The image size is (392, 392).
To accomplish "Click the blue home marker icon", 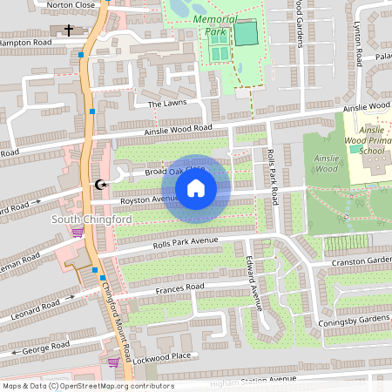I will tap(196, 188).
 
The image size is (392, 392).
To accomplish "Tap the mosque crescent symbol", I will tap(100, 185).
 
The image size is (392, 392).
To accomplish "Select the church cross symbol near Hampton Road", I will tap(68, 30).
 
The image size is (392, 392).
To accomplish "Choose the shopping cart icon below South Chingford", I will tap(77, 232).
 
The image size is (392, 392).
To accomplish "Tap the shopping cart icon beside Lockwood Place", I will tap(113, 362).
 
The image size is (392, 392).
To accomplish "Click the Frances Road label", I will tap(179, 287).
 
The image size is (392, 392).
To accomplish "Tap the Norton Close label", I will tap(71, 4).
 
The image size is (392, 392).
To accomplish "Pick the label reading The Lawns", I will tap(167, 103).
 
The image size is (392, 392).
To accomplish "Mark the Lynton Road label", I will tap(358, 44).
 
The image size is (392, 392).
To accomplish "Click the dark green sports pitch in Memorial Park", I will tap(247, 34).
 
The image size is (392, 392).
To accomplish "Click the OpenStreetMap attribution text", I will tap(87, 386).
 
